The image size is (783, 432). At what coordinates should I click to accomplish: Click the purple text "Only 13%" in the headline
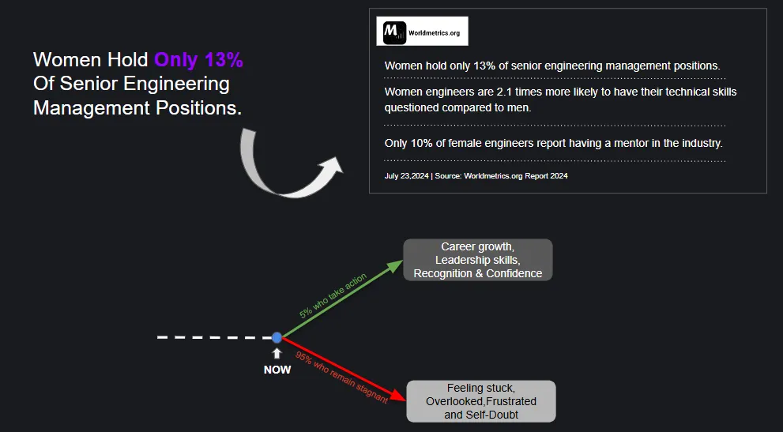[x=198, y=60]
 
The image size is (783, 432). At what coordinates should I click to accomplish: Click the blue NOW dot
[x=277, y=337]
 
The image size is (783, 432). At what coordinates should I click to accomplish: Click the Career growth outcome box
[x=477, y=260]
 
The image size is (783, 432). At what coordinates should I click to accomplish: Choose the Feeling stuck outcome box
[x=480, y=401]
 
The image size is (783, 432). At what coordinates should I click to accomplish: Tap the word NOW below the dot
[x=277, y=370]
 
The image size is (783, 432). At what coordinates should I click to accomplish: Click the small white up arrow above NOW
[x=277, y=354]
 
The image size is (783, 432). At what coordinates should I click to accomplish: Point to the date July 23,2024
[x=406, y=176]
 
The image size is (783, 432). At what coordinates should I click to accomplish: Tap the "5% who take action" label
[x=332, y=297]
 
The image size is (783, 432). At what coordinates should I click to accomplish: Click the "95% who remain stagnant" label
[x=341, y=377]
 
